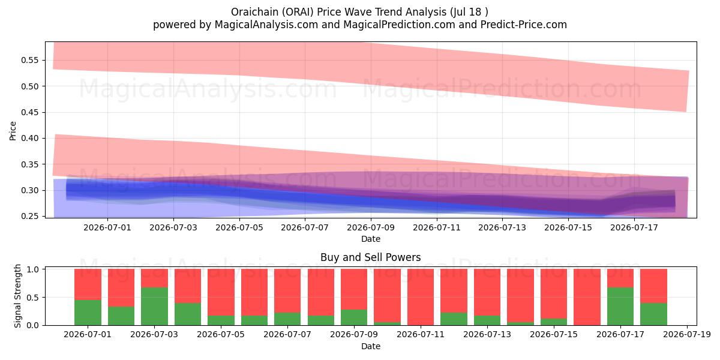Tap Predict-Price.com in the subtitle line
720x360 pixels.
[524, 25]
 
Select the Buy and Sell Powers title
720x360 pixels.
[371, 257]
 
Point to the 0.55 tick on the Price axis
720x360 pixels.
[29, 61]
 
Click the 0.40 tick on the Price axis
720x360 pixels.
[29, 138]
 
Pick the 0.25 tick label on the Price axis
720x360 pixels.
[29, 217]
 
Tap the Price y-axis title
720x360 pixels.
[13, 131]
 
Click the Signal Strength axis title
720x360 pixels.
[17, 296]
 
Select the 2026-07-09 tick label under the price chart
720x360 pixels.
[371, 227]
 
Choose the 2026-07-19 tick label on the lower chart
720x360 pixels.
[687, 335]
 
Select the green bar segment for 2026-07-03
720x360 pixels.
[154, 307]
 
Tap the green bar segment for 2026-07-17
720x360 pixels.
[620, 307]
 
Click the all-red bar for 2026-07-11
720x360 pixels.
[421, 297]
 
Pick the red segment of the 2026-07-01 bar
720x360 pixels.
[88, 284]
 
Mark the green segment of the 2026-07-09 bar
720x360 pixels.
[354, 317]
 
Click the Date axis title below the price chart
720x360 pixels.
[371, 239]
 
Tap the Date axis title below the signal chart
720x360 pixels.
[371, 347]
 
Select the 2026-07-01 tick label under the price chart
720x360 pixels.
[107, 227]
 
